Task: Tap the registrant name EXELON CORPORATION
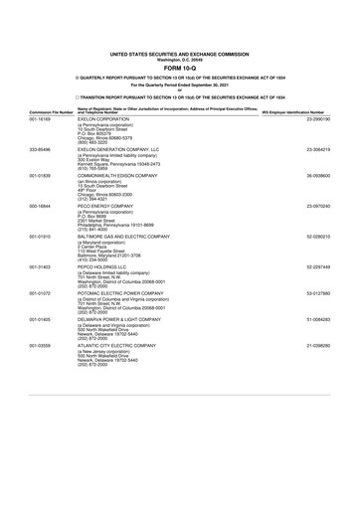point(106,119)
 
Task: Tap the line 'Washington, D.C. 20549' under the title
point(180,60)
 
